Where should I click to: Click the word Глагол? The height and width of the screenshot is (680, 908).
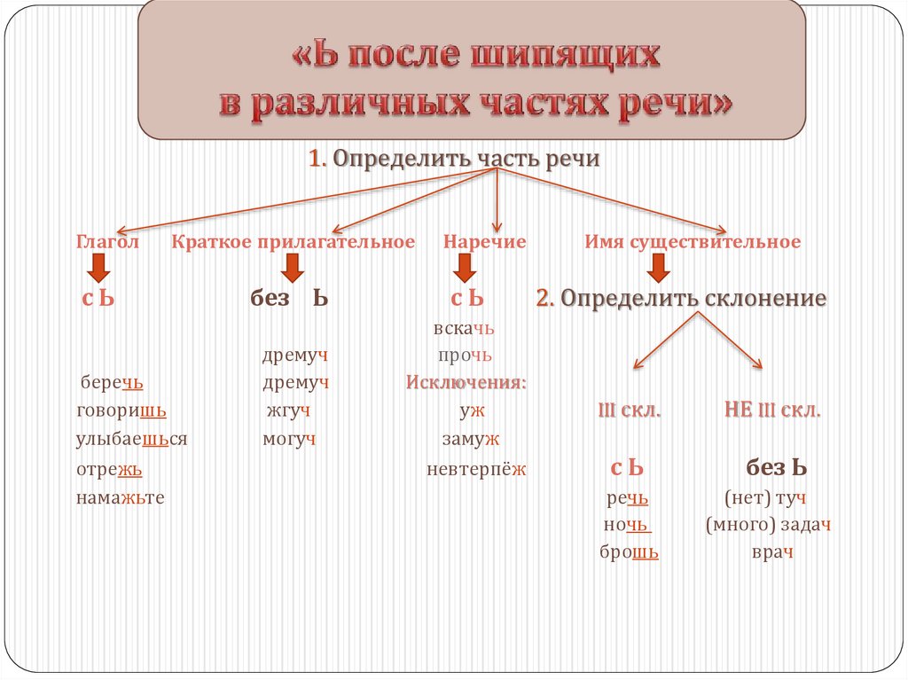point(107,242)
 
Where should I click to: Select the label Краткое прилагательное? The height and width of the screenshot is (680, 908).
point(294,242)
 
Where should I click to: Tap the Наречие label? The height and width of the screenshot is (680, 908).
point(485,242)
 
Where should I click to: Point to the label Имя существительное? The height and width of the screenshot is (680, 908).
point(693,242)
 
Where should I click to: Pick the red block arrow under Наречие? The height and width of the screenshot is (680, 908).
point(462,266)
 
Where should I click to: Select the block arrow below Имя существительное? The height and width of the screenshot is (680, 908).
point(657,266)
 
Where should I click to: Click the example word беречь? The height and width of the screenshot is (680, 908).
point(111,382)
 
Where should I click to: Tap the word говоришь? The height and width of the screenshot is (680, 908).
point(121,411)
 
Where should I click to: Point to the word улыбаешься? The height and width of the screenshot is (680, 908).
point(132,440)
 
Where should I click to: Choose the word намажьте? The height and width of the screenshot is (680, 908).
point(121,497)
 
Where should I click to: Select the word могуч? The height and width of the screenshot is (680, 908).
point(289,440)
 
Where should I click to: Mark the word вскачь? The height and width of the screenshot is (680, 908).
point(464,329)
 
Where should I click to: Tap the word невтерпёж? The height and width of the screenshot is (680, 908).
point(476,470)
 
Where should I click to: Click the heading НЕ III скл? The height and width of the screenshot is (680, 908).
point(772,411)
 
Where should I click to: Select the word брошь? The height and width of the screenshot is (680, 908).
point(630,552)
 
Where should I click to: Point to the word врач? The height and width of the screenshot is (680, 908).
point(771,552)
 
